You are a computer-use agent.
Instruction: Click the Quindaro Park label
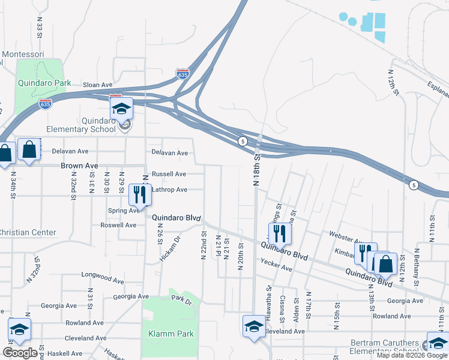pos(44,83)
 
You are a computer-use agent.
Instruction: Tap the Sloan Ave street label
pos(97,85)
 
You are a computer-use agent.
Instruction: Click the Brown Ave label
pos(79,165)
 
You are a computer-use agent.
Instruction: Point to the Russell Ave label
pos(169,174)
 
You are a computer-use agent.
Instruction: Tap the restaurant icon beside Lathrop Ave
pos(140,194)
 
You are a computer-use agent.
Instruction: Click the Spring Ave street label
pos(124,211)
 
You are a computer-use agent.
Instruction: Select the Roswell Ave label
pos(136,226)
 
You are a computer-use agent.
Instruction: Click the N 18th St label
pos(258,170)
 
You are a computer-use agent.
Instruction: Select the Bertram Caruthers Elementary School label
pos(385,347)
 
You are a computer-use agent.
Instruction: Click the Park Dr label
pos(180,298)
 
